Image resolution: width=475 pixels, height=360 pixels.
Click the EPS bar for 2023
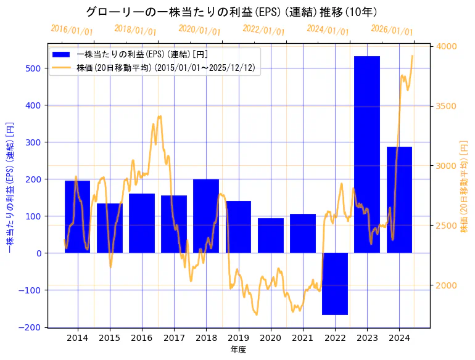coord(367,154)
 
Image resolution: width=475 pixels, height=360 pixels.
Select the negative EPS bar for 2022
coord(335,284)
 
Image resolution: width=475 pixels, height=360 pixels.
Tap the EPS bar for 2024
coord(399,200)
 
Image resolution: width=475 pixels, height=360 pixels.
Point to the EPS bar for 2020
coord(271,235)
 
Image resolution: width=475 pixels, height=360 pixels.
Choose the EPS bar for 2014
coord(78,216)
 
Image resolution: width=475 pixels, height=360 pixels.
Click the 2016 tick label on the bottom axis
coord(142,338)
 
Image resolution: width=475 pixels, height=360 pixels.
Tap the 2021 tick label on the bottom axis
coord(303,338)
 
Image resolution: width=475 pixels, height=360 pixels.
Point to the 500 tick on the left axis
coord(34,68)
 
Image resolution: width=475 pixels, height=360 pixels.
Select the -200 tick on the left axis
coord(32,327)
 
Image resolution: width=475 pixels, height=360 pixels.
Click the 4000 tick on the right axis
coord(447,47)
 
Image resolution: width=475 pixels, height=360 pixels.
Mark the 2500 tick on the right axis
coord(447,226)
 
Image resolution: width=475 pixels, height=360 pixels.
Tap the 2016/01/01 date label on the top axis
coord(72,30)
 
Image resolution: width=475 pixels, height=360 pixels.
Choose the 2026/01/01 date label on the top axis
coord(392,30)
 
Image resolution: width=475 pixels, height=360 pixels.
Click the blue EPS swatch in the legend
coord(62,54)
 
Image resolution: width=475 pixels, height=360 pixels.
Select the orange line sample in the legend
coord(62,68)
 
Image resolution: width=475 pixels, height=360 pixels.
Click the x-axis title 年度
coord(238,350)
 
